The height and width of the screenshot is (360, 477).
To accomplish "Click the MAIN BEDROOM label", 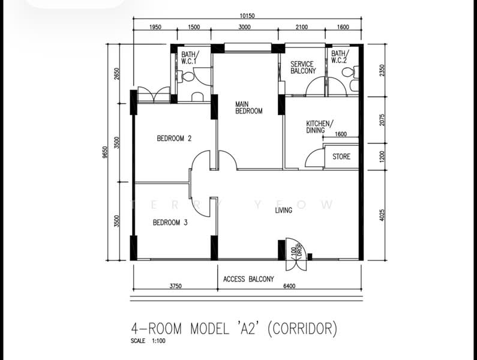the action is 248,108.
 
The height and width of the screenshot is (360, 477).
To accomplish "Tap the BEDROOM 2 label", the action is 174,139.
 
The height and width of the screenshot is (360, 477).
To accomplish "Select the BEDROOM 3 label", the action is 170,223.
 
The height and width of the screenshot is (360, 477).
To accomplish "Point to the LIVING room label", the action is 284,210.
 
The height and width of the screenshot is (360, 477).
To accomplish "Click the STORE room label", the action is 341,157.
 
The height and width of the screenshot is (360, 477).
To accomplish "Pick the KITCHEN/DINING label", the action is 319,127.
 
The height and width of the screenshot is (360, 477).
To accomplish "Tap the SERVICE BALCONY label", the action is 303,68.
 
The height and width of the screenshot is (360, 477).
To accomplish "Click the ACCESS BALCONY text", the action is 248,279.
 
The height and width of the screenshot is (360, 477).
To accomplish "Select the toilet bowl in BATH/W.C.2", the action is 350,72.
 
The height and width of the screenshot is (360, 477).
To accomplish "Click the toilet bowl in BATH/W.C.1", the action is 185,76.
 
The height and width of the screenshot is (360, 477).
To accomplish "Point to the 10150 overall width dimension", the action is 247,16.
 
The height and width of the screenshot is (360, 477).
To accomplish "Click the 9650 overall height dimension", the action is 105,152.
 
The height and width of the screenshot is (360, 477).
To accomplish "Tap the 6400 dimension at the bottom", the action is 289,286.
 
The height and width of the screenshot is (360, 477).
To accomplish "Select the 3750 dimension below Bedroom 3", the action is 176,286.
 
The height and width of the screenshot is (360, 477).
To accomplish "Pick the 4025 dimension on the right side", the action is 382,215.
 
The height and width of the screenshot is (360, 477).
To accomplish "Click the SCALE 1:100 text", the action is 148,341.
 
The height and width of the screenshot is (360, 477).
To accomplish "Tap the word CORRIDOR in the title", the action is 302,329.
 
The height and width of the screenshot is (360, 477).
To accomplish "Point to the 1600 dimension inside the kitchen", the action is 341,134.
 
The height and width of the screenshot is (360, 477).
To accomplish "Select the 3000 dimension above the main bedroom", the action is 245,27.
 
